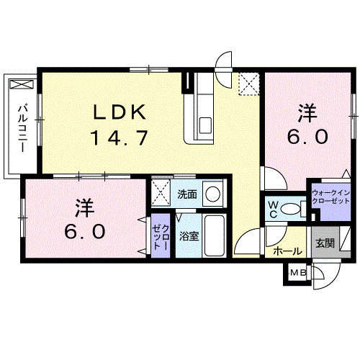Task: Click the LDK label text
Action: [120, 112]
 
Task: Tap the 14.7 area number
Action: [120, 138]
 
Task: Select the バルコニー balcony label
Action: [23, 128]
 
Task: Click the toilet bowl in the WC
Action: [290, 209]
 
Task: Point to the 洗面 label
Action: [187, 194]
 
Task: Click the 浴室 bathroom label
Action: [189, 237]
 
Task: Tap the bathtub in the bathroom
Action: [215, 235]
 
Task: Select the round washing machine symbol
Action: [212, 194]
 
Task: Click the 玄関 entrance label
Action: [325, 243]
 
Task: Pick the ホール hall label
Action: [287, 251]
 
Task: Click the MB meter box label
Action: [298, 272]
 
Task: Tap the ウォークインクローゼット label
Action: [331, 197]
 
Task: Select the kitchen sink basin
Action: [205, 125]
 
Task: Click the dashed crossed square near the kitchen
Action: [249, 84]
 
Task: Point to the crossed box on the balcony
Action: [22, 84]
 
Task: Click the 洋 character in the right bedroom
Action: [307, 114]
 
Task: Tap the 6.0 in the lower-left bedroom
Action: [85, 232]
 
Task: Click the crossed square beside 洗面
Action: [161, 193]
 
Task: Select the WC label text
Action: [273, 210]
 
